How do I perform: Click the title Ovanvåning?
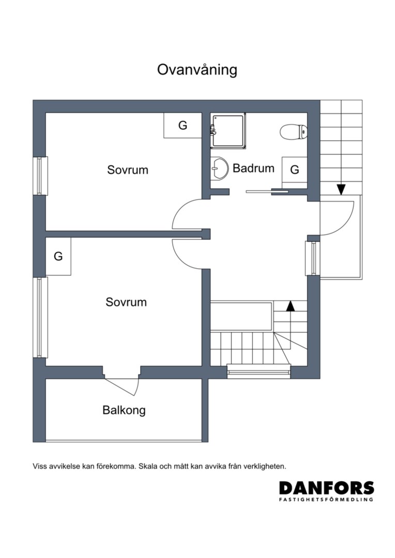coord(197,70)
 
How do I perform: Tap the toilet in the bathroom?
coord(294,132)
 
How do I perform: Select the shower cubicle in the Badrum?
coord(229,131)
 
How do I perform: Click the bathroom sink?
coord(219,167)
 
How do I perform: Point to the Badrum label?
coord(253,168)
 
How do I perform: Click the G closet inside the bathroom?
coord(295,170)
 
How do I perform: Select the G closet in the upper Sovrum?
coord(183,125)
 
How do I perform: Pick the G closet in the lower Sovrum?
coord(58,256)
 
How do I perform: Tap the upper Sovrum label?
coord(128,170)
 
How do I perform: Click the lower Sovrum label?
coord(126,302)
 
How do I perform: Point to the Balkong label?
coord(124,410)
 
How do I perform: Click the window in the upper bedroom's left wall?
coord(40,176)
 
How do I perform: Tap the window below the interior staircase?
coord(259,371)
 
